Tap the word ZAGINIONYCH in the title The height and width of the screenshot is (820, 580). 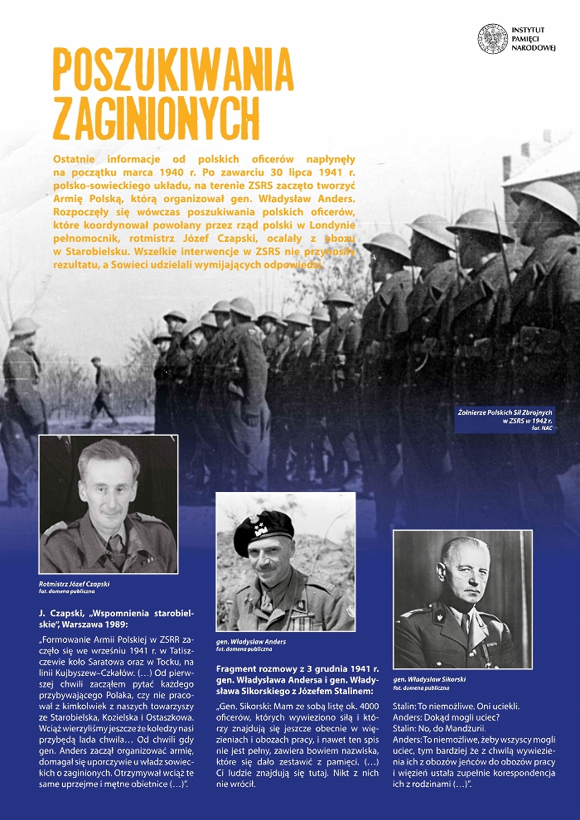tap(156, 117)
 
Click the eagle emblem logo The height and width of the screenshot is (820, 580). tap(492, 39)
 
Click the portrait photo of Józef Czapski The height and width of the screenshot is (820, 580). tap(109, 504)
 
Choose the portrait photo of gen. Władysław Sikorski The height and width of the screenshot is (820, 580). tap(462, 599)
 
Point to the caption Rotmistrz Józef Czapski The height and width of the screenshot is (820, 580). tap(75, 584)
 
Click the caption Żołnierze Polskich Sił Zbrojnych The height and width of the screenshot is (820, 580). tap(505, 412)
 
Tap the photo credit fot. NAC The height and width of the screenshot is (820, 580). tap(542, 429)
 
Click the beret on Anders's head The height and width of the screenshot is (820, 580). tap(263, 530)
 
